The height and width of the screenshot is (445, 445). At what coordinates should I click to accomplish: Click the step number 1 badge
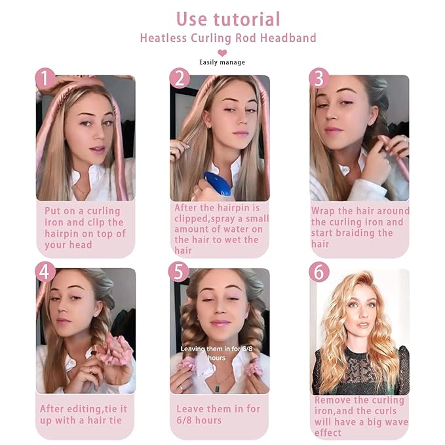click(45, 79)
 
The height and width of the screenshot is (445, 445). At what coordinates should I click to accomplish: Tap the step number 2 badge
click(179, 79)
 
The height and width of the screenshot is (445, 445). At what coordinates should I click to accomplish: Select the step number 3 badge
click(319, 79)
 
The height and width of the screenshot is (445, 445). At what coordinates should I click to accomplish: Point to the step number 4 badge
click(45, 271)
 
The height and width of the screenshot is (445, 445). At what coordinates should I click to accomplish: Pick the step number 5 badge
click(179, 271)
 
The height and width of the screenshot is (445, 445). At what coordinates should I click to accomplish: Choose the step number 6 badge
click(319, 271)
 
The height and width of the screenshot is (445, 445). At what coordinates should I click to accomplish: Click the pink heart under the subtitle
click(222, 52)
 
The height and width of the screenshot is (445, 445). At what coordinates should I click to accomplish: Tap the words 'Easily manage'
click(222, 63)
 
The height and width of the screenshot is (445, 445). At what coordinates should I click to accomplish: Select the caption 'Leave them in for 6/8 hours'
click(218, 414)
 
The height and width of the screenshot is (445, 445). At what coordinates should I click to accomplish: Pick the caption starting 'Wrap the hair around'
click(360, 227)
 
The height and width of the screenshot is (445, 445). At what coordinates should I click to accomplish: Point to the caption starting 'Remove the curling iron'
click(360, 416)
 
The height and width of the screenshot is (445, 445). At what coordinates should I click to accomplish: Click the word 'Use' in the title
click(191, 19)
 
